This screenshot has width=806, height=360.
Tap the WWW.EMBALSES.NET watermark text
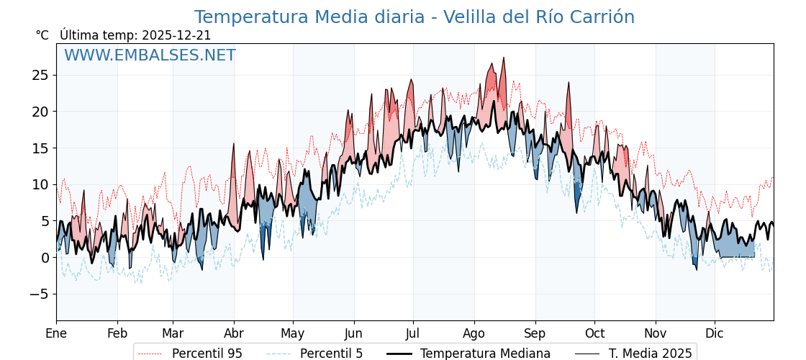pos(150,55)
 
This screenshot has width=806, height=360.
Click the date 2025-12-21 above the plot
pos(176,35)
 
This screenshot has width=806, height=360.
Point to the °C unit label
pos(42,35)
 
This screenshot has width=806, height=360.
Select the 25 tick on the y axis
pos(40,75)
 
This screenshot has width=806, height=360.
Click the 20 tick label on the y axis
pos(40,112)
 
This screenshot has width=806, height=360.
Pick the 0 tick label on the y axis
pos(45,257)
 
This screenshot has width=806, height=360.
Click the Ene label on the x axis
pos(56,333)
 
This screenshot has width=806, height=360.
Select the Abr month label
pos(234,333)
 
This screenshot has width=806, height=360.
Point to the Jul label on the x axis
pos(413,333)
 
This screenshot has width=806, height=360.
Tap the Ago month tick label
pos(474,333)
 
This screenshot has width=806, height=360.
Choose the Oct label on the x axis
pos(594,333)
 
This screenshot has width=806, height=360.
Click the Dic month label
pos(715,333)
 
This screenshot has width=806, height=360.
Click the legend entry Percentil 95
pos(207,354)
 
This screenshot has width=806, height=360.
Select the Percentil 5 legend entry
pos(331,354)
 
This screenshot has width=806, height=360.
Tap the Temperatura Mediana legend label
pos(485,354)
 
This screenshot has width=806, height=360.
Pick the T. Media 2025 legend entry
pos(650,354)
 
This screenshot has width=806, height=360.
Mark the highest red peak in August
pos(504,58)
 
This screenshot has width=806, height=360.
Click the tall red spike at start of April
pos(234,145)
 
